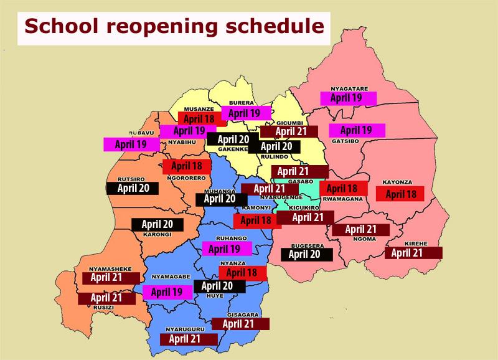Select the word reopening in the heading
[169, 28]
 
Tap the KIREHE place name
[413, 244]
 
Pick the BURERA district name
[240, 104]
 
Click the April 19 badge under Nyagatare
[349, 98]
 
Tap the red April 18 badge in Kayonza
[400, 194]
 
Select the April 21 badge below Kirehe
[413, 253]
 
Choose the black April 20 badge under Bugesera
[306, 254]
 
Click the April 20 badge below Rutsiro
[132, 187]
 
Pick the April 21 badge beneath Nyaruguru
[189, 339]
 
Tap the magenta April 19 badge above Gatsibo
[356, 130]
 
